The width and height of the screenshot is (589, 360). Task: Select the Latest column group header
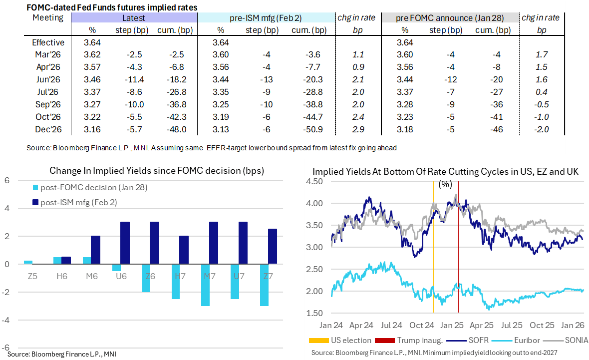click(134, 18)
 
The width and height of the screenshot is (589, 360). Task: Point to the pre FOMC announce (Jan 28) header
click(449, 18)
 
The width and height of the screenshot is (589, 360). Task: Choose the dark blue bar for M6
click(96, 250)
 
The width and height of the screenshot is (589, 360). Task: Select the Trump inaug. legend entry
click(416, 341)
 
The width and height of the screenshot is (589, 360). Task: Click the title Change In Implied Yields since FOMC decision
click(156, 170)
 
